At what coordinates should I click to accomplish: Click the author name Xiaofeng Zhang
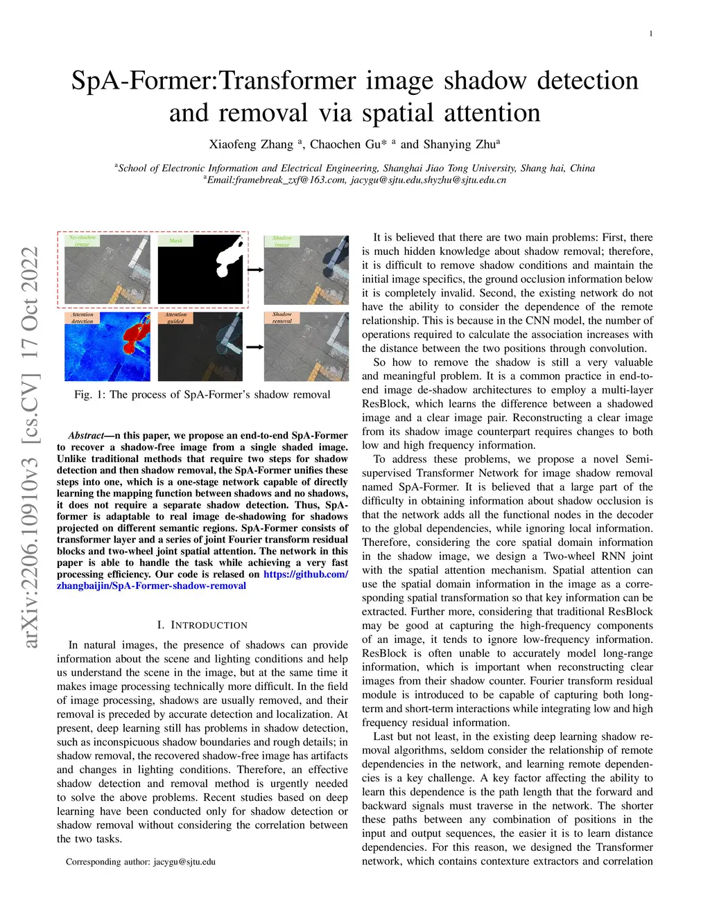point(251,144)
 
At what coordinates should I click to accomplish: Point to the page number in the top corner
point(650,34)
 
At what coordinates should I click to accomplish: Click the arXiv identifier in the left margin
point(31,447)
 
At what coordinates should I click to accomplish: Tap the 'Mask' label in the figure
point(176,240)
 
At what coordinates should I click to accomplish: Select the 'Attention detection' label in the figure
point(83,318)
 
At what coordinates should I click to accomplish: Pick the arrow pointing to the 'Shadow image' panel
point(255,270)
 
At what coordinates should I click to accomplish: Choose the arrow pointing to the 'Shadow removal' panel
point(255,346)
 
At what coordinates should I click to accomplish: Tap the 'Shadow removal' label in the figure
point(282,317)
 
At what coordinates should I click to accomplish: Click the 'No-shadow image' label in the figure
point(83,240)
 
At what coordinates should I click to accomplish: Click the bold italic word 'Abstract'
point(85,436)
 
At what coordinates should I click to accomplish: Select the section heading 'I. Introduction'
point(202,625)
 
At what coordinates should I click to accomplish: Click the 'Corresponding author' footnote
point(141,862)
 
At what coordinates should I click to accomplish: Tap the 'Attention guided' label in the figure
point(175,318)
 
